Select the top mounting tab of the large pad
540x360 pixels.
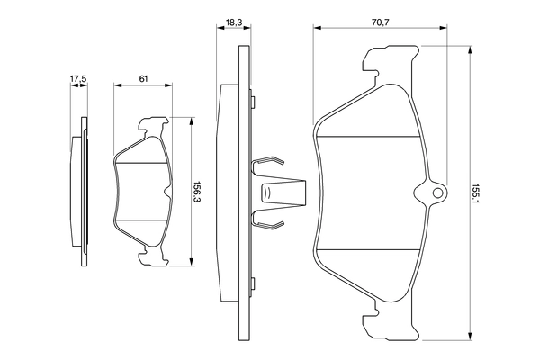pos(388,61)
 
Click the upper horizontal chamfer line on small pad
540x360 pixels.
pos(142,165)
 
